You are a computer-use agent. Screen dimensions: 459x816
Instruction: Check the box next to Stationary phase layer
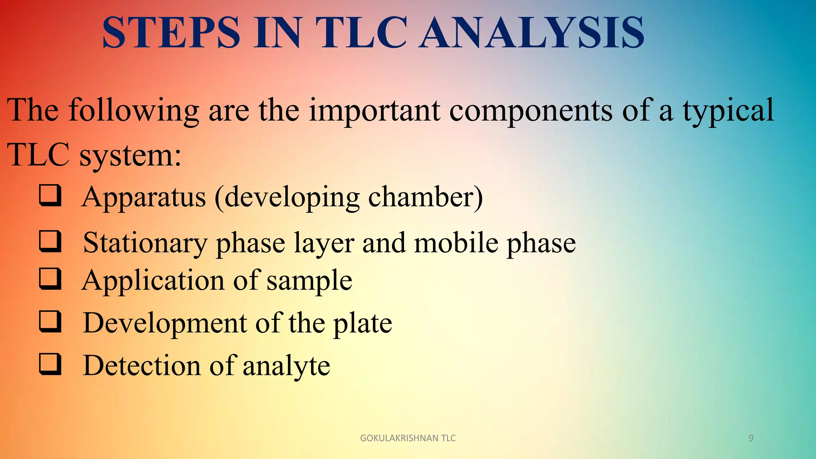[x=50, y=242]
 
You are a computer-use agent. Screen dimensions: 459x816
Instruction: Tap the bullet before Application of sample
[x=50, y=279]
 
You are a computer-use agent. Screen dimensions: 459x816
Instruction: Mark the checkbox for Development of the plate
[x=50, y=322]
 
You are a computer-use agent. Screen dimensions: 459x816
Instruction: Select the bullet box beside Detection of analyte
[x=50, y=364]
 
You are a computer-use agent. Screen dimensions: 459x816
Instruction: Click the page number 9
[x=751, y=438]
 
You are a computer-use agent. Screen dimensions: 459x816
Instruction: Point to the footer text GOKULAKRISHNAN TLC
[x=408, y=438]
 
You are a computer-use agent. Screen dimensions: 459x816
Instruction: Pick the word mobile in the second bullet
[x=456, y=243]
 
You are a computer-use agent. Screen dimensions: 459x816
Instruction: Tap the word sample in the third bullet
[x=309, y=281]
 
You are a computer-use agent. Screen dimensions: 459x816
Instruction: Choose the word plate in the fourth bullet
[x=363, y=324]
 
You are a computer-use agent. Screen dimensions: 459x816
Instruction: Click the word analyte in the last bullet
[x=286, y=366]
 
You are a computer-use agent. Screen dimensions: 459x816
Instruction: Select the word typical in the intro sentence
[x=728, y=111]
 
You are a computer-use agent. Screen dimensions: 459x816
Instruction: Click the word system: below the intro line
[x=130, y=155]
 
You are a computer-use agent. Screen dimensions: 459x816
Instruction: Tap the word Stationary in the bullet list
[x=145, y=243]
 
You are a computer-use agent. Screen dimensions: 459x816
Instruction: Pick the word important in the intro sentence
[x=375, y=111]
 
